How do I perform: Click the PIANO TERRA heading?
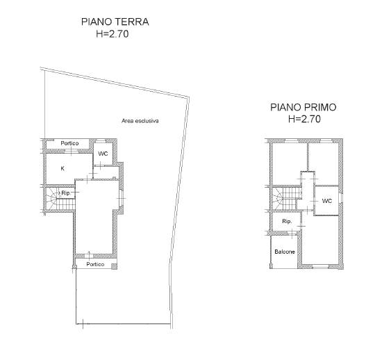point(115,22)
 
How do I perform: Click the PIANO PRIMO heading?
point(303,107)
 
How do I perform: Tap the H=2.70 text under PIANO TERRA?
point(112,34)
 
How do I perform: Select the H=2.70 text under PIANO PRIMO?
point(304,119)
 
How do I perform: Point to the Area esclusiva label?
point(140,121)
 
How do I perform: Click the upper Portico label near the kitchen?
point(69,143)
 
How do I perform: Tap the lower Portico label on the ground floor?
point(95,264)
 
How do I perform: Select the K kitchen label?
point(62,168)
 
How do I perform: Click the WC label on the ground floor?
point(103,154)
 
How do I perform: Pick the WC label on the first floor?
point(327,201)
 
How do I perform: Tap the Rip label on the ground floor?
point(65,193)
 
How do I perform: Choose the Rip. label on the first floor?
point(287,222)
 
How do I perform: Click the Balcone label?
point(285,252)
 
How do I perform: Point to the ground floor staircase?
point(60,199)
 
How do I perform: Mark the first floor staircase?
point(287,198)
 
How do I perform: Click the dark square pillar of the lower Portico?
point(114,266)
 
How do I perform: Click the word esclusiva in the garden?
point(147,121)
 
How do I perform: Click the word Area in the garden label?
point(128,121)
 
